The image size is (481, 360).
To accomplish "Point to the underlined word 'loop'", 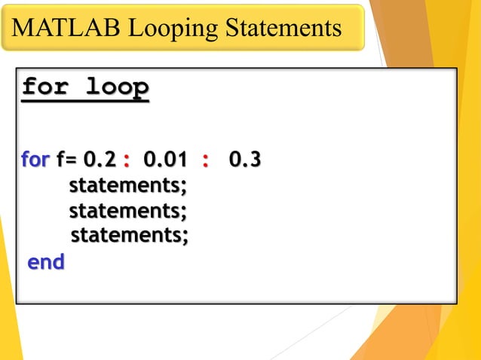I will tap(115, 87).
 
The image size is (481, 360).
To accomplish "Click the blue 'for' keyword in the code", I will tap(35, 160).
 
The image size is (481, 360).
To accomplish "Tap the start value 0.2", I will tap(100, 160).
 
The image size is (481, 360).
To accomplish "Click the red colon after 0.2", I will tap(126, 161).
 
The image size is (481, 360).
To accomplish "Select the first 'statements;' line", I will tap(127, 185).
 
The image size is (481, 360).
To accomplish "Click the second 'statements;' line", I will tap(127, 210).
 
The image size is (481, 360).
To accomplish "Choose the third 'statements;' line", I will tap(129, 236).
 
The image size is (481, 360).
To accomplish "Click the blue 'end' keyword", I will tap(46, 262).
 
